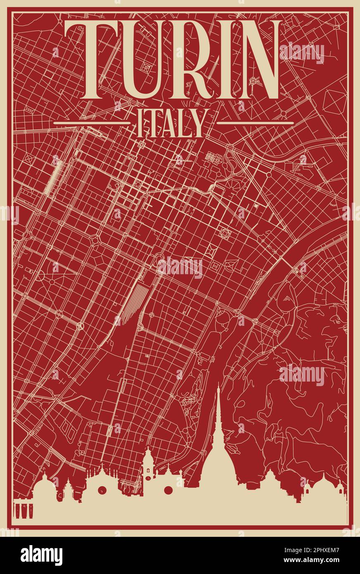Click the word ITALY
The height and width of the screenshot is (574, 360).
(x=171, y=123)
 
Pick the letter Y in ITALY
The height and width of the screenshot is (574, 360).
(x=197, y=123)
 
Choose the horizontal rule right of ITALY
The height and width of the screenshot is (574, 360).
(x=255, y=123)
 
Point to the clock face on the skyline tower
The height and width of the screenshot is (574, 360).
(x=148, y=478)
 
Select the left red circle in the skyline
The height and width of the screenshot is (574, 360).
(x=102, y=490)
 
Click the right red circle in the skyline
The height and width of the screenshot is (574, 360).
(x=168, y=490)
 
